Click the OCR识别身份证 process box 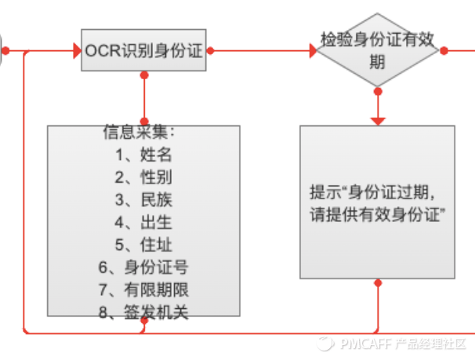143,51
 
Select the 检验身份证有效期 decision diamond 379,50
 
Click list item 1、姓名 143,153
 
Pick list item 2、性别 143,176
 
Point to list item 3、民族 143,198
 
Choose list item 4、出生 143,221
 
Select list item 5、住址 143,244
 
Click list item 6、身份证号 143,267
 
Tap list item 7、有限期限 143,289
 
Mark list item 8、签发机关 143,312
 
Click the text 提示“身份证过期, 372,192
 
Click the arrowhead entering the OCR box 77,51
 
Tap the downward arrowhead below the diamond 379,120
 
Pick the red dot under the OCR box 143,75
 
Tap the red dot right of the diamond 444,51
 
